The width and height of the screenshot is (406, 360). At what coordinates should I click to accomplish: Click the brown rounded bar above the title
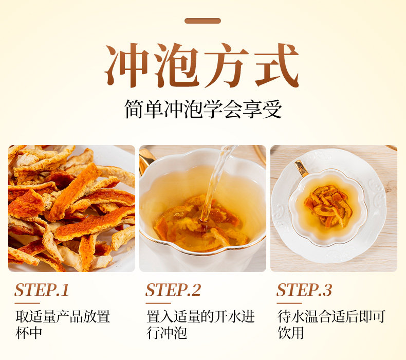[x=202, y=21]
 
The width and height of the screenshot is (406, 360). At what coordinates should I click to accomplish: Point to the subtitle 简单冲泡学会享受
[x=203, y=109]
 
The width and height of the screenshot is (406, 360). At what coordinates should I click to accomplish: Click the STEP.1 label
[x=42, y=290]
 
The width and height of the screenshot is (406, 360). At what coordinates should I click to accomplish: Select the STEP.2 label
[x=173, y=290]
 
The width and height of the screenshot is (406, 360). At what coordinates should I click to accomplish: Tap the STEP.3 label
[x=304, y=290]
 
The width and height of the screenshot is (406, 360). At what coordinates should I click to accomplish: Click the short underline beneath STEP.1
[x=27, y=303]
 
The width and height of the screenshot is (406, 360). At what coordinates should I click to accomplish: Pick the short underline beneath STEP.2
[x=158, y=303]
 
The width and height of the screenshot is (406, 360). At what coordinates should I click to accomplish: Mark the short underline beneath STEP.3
[x=289, y=303]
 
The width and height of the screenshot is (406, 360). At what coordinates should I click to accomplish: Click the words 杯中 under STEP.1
[x=29, y=333]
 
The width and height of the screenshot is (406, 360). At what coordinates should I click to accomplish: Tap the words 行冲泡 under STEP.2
[x=167, y=333]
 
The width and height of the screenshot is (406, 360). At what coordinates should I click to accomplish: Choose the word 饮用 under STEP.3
[x=290, y=333]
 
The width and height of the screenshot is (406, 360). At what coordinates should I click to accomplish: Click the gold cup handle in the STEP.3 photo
[x=301, y=168]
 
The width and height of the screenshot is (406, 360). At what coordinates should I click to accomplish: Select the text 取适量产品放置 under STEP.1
[x=63, y=316]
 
